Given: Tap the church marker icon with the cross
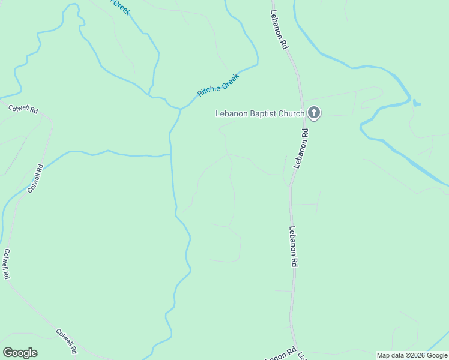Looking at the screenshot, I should [x=314, y=113].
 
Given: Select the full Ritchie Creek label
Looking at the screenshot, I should [x=218, y=85].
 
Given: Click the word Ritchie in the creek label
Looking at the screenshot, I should [x=208, y=91].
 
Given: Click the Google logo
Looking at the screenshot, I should [x=20, y=353].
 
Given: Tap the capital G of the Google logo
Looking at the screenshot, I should [x=8, y=353].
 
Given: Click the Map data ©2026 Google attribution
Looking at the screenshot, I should [x=412, y=355].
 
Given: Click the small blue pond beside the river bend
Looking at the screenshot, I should [x=417, y=103].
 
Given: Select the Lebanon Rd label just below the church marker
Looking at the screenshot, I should [x=301, y=148].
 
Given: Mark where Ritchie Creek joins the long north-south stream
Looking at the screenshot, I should [x=180, y=109].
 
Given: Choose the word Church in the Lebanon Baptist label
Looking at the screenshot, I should [x=291, y=113].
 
